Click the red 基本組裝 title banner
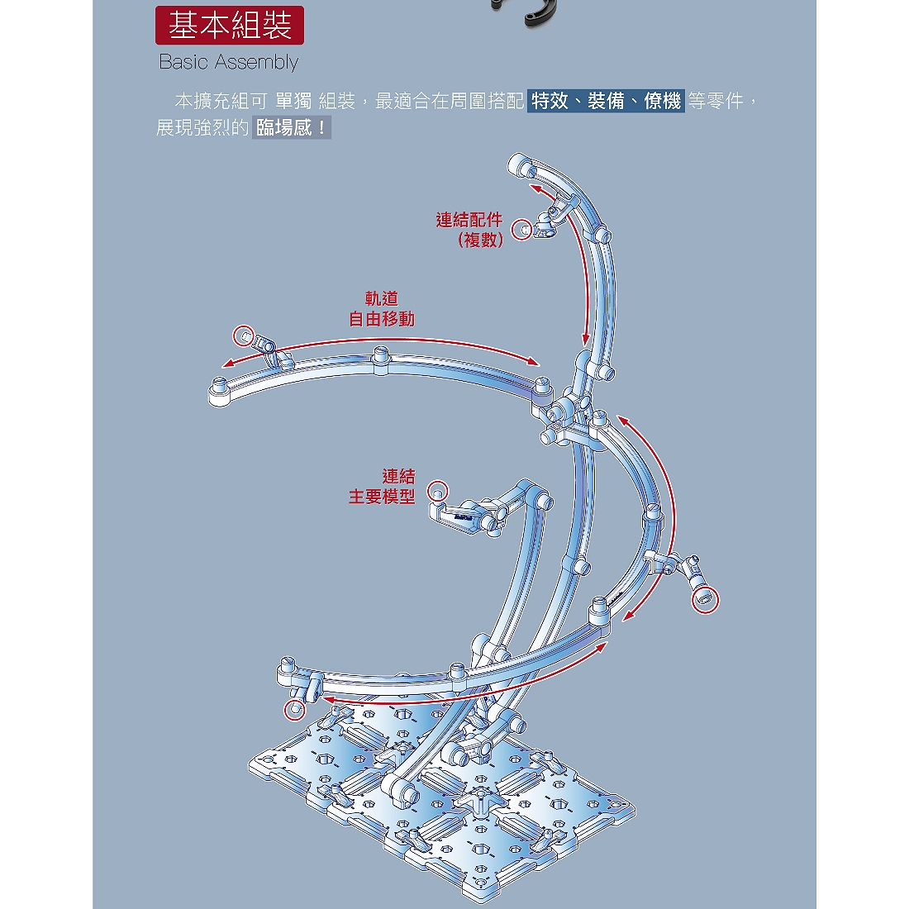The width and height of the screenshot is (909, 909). click(230, 26)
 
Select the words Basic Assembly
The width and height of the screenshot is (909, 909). click(228, 62)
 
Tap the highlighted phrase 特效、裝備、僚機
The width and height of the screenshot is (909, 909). click(606, 101)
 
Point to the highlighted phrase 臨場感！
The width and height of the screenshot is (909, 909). click(292, 127)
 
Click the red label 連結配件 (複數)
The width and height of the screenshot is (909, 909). click(469, 230)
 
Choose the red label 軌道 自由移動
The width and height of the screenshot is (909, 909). click(382, 309)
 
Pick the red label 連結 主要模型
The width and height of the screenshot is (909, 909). click(382, 487)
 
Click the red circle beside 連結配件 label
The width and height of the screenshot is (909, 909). click(521, 231)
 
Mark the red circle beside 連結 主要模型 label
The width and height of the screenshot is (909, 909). click(438, 492)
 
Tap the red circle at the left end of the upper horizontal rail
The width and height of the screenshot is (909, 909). click(244, 336)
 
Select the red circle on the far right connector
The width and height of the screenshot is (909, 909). click(706, 600)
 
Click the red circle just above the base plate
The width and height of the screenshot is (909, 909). click(294, 710)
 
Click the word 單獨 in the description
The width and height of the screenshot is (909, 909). click(293, 101)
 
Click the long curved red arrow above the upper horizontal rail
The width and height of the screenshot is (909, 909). click(381, 340)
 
